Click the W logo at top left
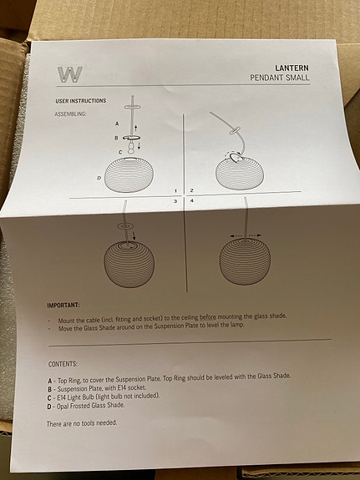point(70,74)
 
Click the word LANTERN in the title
point(292,68)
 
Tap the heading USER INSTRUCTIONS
point(81,101)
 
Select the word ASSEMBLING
point(70,114)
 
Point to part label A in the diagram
point(117,124)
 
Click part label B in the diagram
point(116,139)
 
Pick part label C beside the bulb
point(120,152)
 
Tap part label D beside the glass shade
point(99,178)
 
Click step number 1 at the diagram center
point(175,191)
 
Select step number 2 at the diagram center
point(191,190)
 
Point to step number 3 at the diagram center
point(175,201)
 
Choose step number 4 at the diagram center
point(191,201)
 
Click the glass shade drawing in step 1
point(129,174)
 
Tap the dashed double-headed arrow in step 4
point(246,235)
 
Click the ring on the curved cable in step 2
point(235,131)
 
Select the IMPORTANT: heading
point(63,306)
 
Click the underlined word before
point(208,317)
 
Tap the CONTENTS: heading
point(63,364)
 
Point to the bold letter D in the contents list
point(49,407)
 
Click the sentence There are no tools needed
point(82,423)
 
